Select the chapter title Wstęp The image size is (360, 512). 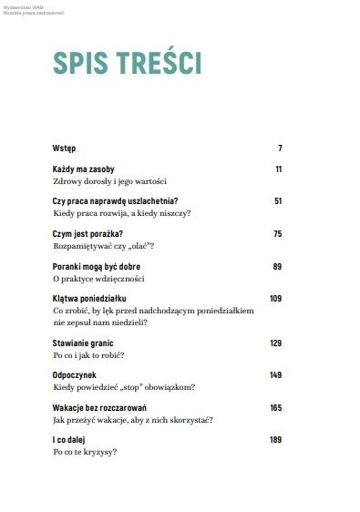coord(65,148)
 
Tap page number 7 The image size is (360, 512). coord(280,148)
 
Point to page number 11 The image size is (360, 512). coord(279,169)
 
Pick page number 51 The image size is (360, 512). coord(278,201)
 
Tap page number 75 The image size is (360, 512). coord(278,234)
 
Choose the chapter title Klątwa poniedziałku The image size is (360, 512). coord(96,299)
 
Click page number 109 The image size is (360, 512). coord(276,299)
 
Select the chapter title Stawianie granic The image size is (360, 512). coord(89,343)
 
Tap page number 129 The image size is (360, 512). coord(276,343)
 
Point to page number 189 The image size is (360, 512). coord(276,440)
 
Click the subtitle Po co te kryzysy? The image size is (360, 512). coord(87,452)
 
